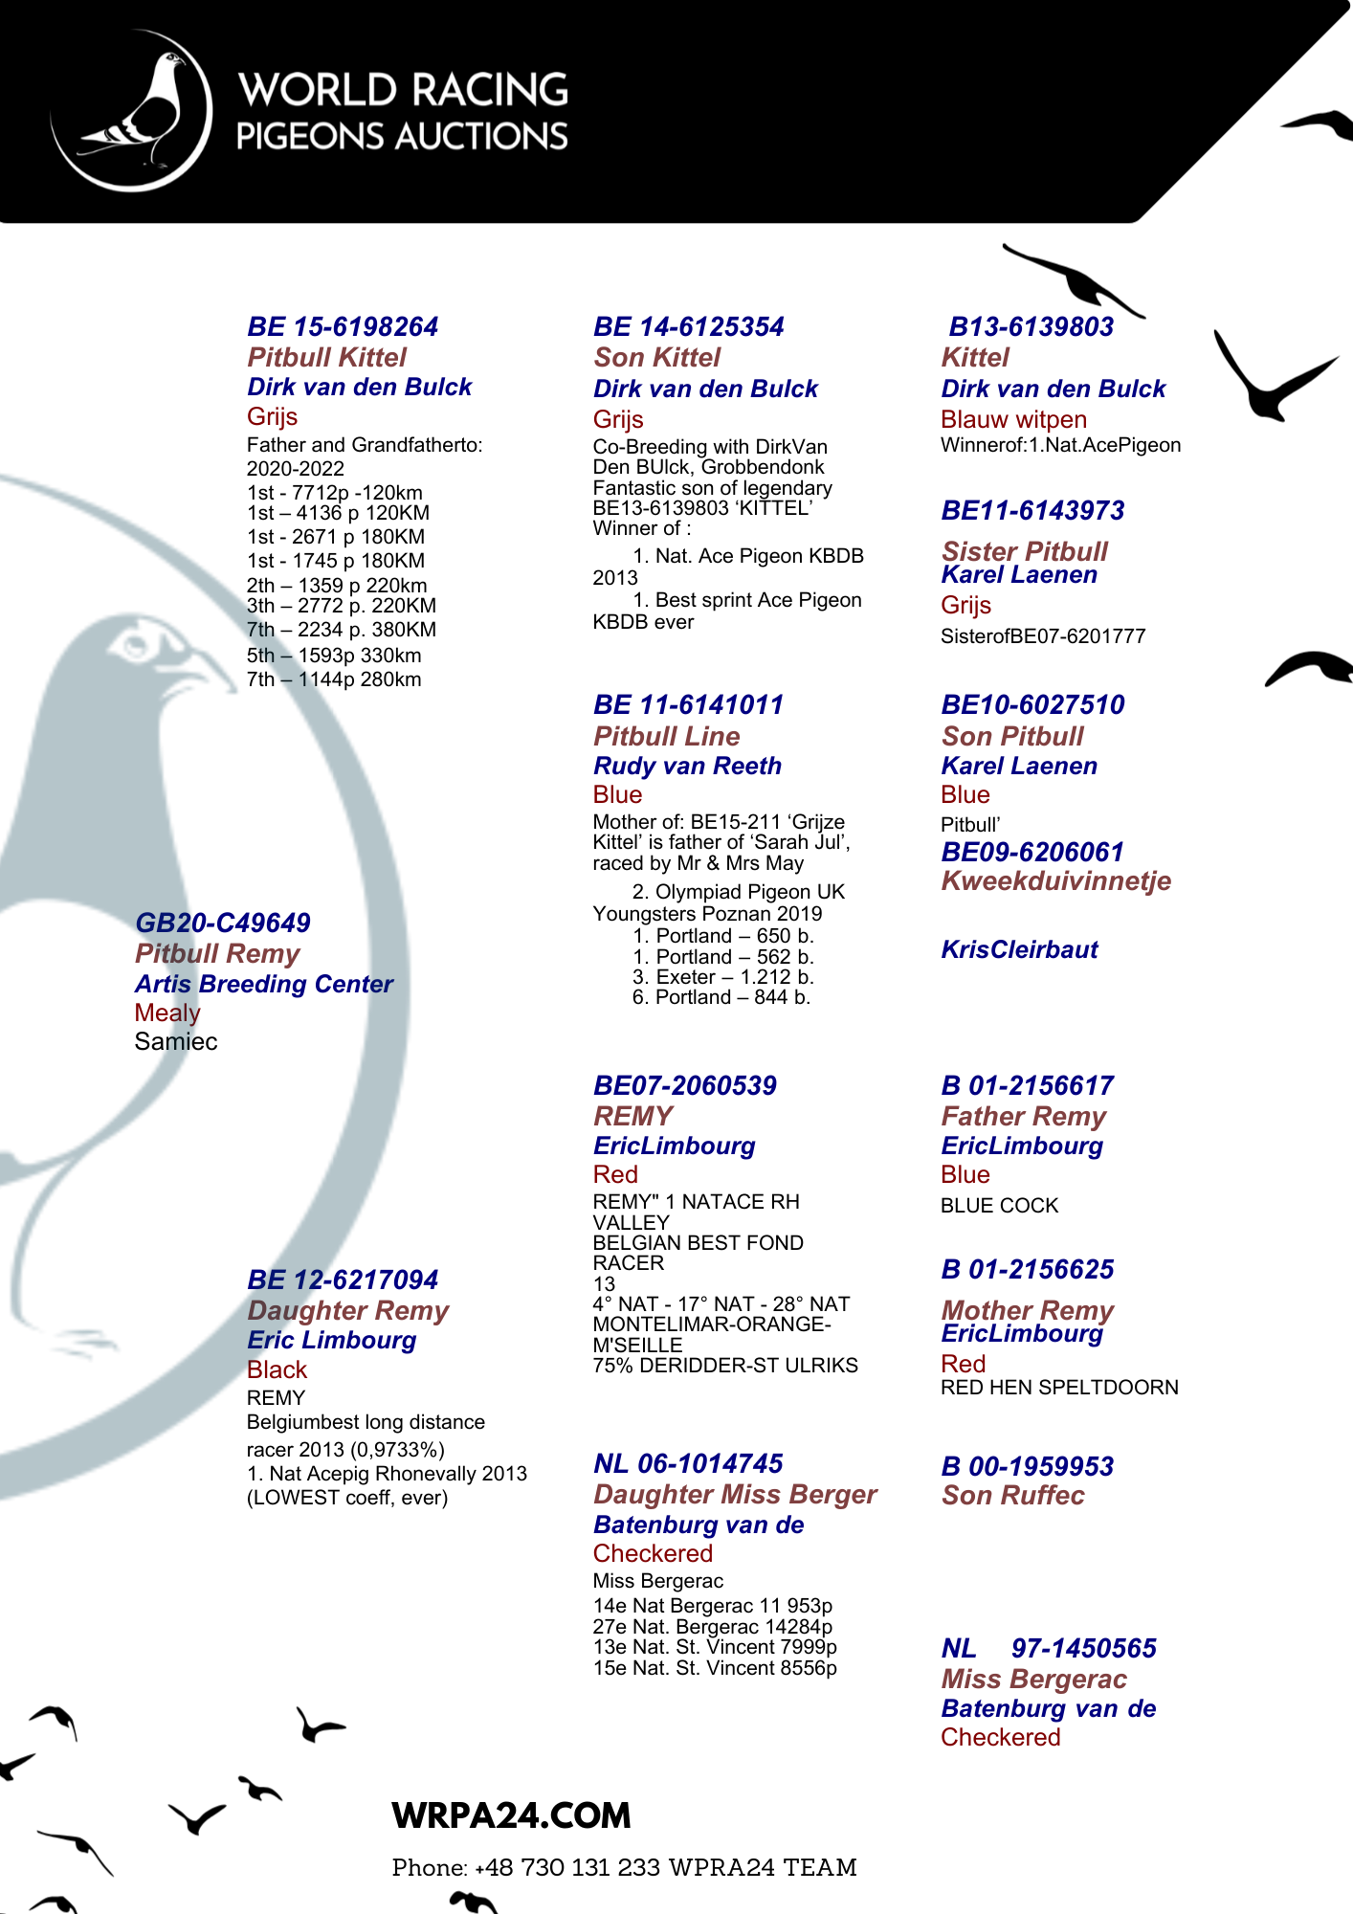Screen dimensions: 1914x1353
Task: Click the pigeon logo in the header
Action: tap(131, 111)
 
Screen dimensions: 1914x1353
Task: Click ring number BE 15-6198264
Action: tap(343, 327)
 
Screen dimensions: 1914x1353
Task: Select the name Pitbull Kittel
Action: tap(326, 358)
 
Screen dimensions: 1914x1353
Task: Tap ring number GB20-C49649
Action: tap(223, 924)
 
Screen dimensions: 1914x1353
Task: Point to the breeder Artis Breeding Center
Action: tap(264, 985)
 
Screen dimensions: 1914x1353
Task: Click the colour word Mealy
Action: tap(167, 1013)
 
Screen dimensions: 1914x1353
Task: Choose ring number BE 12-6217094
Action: tap(343, 1280)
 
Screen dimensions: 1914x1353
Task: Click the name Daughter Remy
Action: tap(348, 1311)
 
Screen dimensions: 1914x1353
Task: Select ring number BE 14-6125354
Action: tap(688, 327)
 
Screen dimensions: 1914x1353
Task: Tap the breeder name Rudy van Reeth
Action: tap(687, 767)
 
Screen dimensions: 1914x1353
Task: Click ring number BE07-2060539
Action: tap(685, 1086)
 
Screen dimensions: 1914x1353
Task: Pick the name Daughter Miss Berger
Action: tap(735, 1495)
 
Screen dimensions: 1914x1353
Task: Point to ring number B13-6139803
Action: tap(1031, 327)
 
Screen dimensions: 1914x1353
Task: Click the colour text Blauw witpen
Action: tap(1013, 420)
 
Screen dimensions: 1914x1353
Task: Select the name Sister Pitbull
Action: tap(1024, 552)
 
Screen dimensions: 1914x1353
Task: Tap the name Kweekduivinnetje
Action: tap(1055, 881)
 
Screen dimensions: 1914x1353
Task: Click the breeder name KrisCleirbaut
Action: tap(1019, 950)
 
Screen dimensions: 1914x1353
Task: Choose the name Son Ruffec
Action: tap(1012, 1496)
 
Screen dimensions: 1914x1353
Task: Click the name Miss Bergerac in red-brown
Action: tap(1033, 1680)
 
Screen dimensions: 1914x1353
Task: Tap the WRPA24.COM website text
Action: tap(511, 1815)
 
